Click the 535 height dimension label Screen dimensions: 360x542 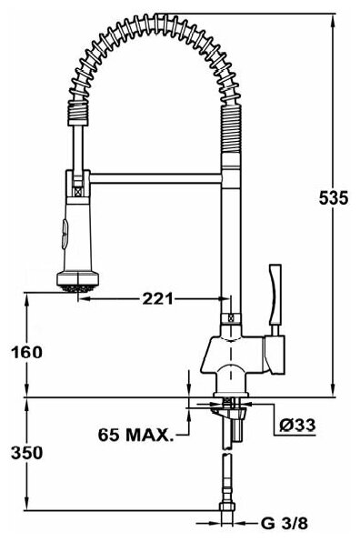point(334,198)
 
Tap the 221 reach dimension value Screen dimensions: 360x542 point(158,298)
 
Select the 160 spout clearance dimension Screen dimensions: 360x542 point(27,352)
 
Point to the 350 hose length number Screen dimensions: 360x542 point(27,453)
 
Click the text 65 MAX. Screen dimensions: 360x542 point(135,435)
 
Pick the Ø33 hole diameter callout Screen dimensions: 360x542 point(297,425)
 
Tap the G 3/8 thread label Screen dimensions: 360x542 point(284,524)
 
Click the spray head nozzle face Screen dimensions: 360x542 point(78,288)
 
